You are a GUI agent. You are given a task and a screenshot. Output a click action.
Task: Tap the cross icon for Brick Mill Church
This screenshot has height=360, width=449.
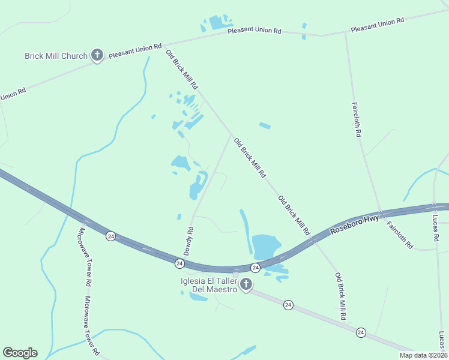[x=97, y=56]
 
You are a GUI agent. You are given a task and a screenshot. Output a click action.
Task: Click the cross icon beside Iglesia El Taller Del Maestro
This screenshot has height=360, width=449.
[x=246, y=284]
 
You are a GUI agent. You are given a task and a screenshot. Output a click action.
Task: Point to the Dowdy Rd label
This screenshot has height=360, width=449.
[x=188, y=241]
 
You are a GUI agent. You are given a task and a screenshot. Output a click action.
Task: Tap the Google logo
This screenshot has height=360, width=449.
[x=20, y=353]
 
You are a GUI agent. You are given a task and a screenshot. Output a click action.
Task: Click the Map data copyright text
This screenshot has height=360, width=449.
[x=424, y=355]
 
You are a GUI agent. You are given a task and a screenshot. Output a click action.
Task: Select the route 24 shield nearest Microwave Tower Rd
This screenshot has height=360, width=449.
[x=110, y=236]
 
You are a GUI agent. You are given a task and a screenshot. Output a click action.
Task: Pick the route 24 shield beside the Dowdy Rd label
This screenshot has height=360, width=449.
[x=179, y=263]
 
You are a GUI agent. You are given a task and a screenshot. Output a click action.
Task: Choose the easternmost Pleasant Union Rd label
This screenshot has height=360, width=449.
[x=378, y=25]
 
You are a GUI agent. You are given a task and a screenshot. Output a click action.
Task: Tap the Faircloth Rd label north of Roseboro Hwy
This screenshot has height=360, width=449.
[x=357, y=119]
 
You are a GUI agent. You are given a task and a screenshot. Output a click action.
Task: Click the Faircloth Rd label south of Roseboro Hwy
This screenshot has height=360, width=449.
[x=400, y=235]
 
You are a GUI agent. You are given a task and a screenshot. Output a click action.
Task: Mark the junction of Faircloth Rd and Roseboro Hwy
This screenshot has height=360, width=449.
[x=381, y=214]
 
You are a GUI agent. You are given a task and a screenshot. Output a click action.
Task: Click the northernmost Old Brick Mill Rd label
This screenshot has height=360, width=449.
[x=182, y=70]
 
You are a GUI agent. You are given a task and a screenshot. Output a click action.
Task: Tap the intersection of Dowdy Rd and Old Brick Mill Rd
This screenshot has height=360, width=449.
[x=231, y=134]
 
